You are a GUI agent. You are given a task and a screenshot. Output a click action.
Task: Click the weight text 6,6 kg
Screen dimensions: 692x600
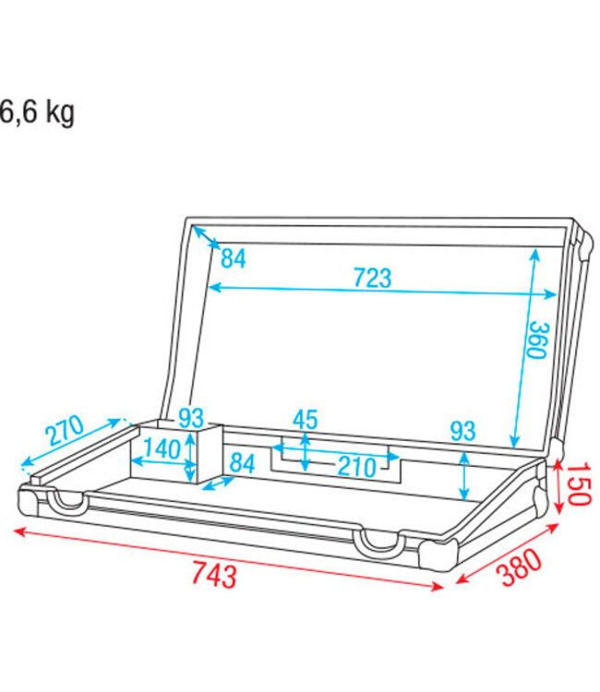pos(37,113)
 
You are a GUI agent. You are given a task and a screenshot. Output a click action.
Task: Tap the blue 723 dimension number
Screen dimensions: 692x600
pos(372,276)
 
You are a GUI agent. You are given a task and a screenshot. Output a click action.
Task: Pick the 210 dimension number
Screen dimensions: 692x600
pos(355,467)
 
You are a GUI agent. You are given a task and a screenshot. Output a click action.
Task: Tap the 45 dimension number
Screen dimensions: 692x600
pos(306,419)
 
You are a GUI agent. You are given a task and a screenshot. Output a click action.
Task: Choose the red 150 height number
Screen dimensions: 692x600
pos(576,484)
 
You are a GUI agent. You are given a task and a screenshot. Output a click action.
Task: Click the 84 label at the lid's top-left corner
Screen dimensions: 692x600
pos(234,259)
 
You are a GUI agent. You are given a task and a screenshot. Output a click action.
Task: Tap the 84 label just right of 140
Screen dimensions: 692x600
pos(242,462)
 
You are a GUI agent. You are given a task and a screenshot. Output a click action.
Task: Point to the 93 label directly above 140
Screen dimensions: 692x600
pos(191,418)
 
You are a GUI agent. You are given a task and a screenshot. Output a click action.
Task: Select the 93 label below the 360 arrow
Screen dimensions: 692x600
pos(463,430)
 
